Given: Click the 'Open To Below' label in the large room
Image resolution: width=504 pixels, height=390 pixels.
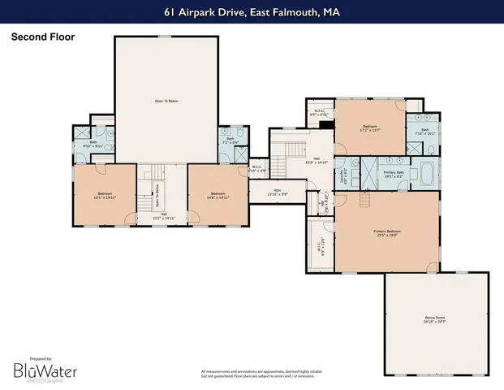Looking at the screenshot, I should point(166,102).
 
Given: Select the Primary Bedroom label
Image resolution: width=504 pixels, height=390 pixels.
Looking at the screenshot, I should point(388,233).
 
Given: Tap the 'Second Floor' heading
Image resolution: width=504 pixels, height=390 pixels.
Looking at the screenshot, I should point(36,37).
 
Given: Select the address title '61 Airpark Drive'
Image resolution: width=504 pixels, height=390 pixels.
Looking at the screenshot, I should point(252,12).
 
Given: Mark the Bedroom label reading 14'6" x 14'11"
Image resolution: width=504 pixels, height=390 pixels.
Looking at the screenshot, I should point(218,196).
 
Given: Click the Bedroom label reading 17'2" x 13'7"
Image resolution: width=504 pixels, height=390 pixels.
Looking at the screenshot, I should point(370,129).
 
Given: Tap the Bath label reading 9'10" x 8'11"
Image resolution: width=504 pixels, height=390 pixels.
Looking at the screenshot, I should point(86,145).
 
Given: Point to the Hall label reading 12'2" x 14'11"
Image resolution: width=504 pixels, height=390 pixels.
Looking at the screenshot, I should point(163,217).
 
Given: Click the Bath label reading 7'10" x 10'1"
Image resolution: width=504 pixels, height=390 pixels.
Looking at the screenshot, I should point(426,131).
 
